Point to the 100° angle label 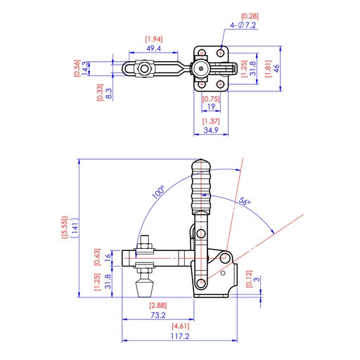(x=157, y=191)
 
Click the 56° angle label (x=243, y=202)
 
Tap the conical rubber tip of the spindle (x=145, y=288)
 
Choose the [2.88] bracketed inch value (x=157, y=306)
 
